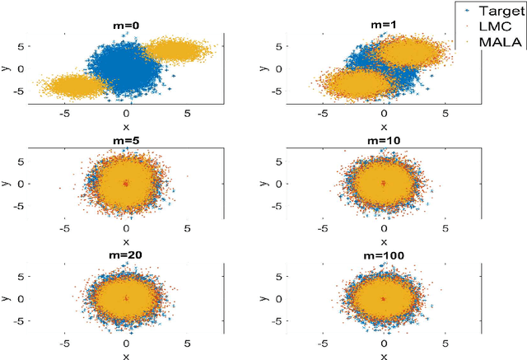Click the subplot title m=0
(125, 26)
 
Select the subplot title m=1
(383, 26)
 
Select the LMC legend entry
(497, 28)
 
